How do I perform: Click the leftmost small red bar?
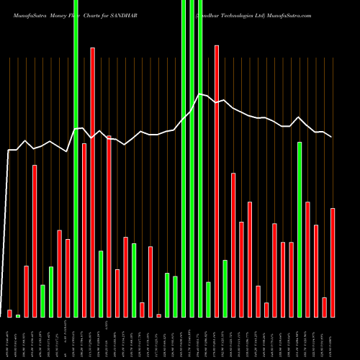point(9,313)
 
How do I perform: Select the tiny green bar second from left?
point(18,315)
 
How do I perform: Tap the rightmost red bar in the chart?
point(333,263)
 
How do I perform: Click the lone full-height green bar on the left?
point(76,158)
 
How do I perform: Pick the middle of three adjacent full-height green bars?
point(192,158)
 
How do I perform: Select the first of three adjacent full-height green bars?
point(184,158)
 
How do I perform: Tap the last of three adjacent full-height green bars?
point(200,158)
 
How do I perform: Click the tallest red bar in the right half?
point(217,180)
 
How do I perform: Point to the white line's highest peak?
point(201,94)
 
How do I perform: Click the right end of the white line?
point(332,137)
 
